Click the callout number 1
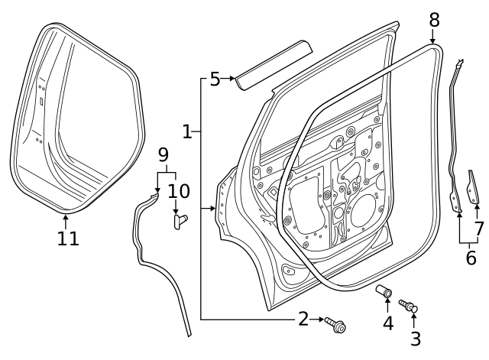click(x=187, y=132)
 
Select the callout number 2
click(x=303, y=319)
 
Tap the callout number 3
click(x=415, y=338)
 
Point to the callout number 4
click(x=388, y=323)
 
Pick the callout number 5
click(x=215, y=79)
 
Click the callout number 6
click(x=471, y=258)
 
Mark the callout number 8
click(x=434, y=19)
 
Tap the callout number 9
click(x=163, y=154)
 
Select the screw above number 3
click(x=410, y=306)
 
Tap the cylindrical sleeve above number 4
click(x=384, y=292)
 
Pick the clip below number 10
click(x=180, y=221)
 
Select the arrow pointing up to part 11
click(x=66, y=220)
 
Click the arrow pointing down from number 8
click(x=433, y=37)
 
